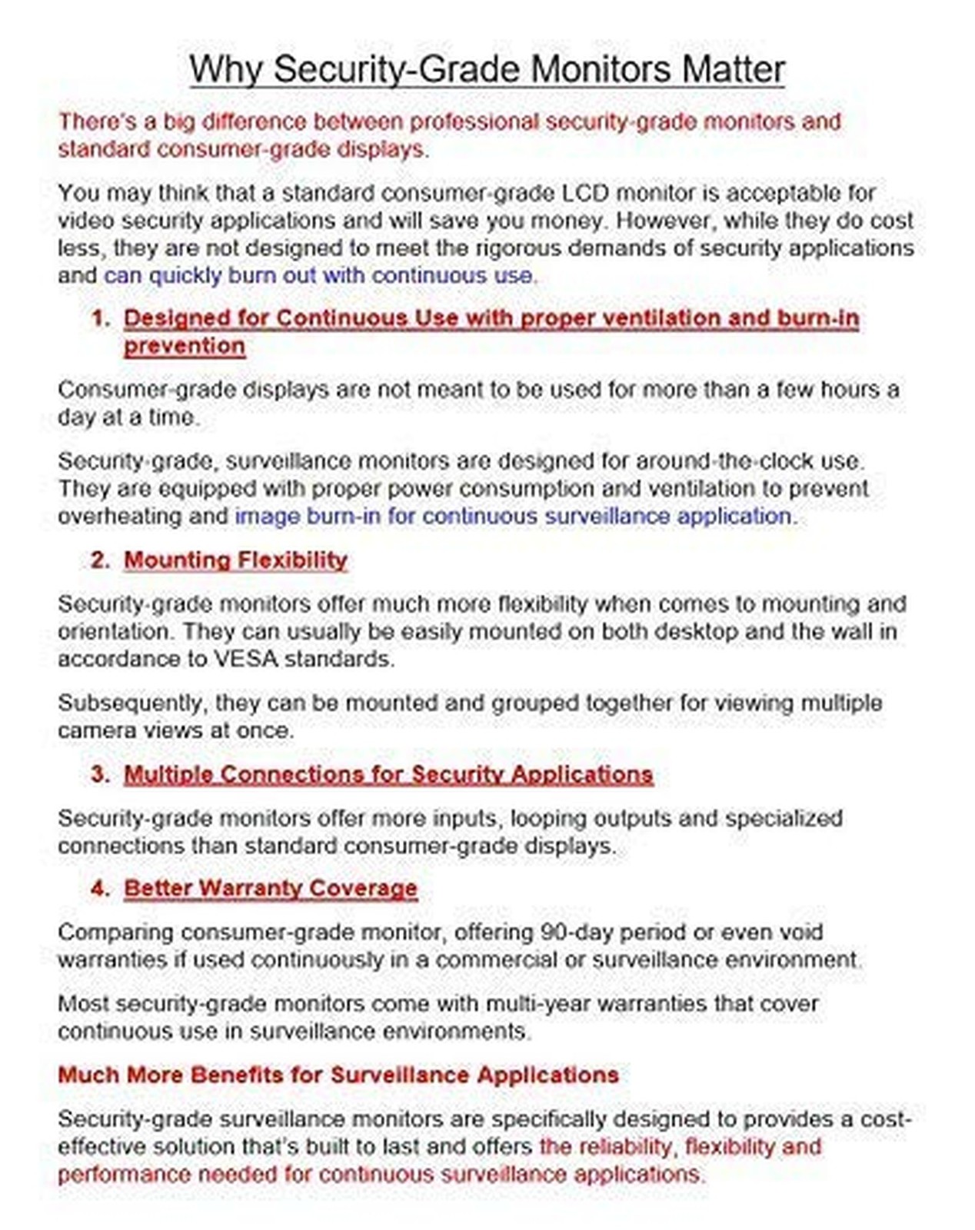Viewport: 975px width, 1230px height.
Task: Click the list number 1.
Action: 100,318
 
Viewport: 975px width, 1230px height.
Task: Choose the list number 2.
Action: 100,560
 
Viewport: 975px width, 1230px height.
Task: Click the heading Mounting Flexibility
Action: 235,560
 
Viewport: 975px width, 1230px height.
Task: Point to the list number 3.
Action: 100,774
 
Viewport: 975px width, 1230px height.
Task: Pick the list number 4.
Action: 100,888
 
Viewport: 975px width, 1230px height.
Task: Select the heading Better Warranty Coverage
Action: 271,888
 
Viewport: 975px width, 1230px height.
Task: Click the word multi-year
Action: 539,1003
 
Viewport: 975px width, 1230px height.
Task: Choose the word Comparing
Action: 115,932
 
